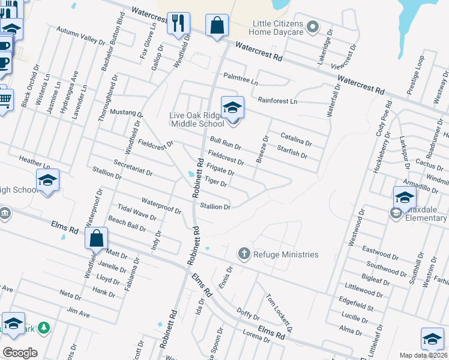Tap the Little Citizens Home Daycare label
tap(276, 28)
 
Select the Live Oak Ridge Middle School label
tap(197, 119)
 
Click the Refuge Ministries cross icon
tap(244, 254)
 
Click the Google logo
tap(20, 353)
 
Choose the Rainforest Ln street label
tap(277, 101)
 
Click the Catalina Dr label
tap(294, 140)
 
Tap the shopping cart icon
tap(4, 100)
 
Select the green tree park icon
tap(43, 328)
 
